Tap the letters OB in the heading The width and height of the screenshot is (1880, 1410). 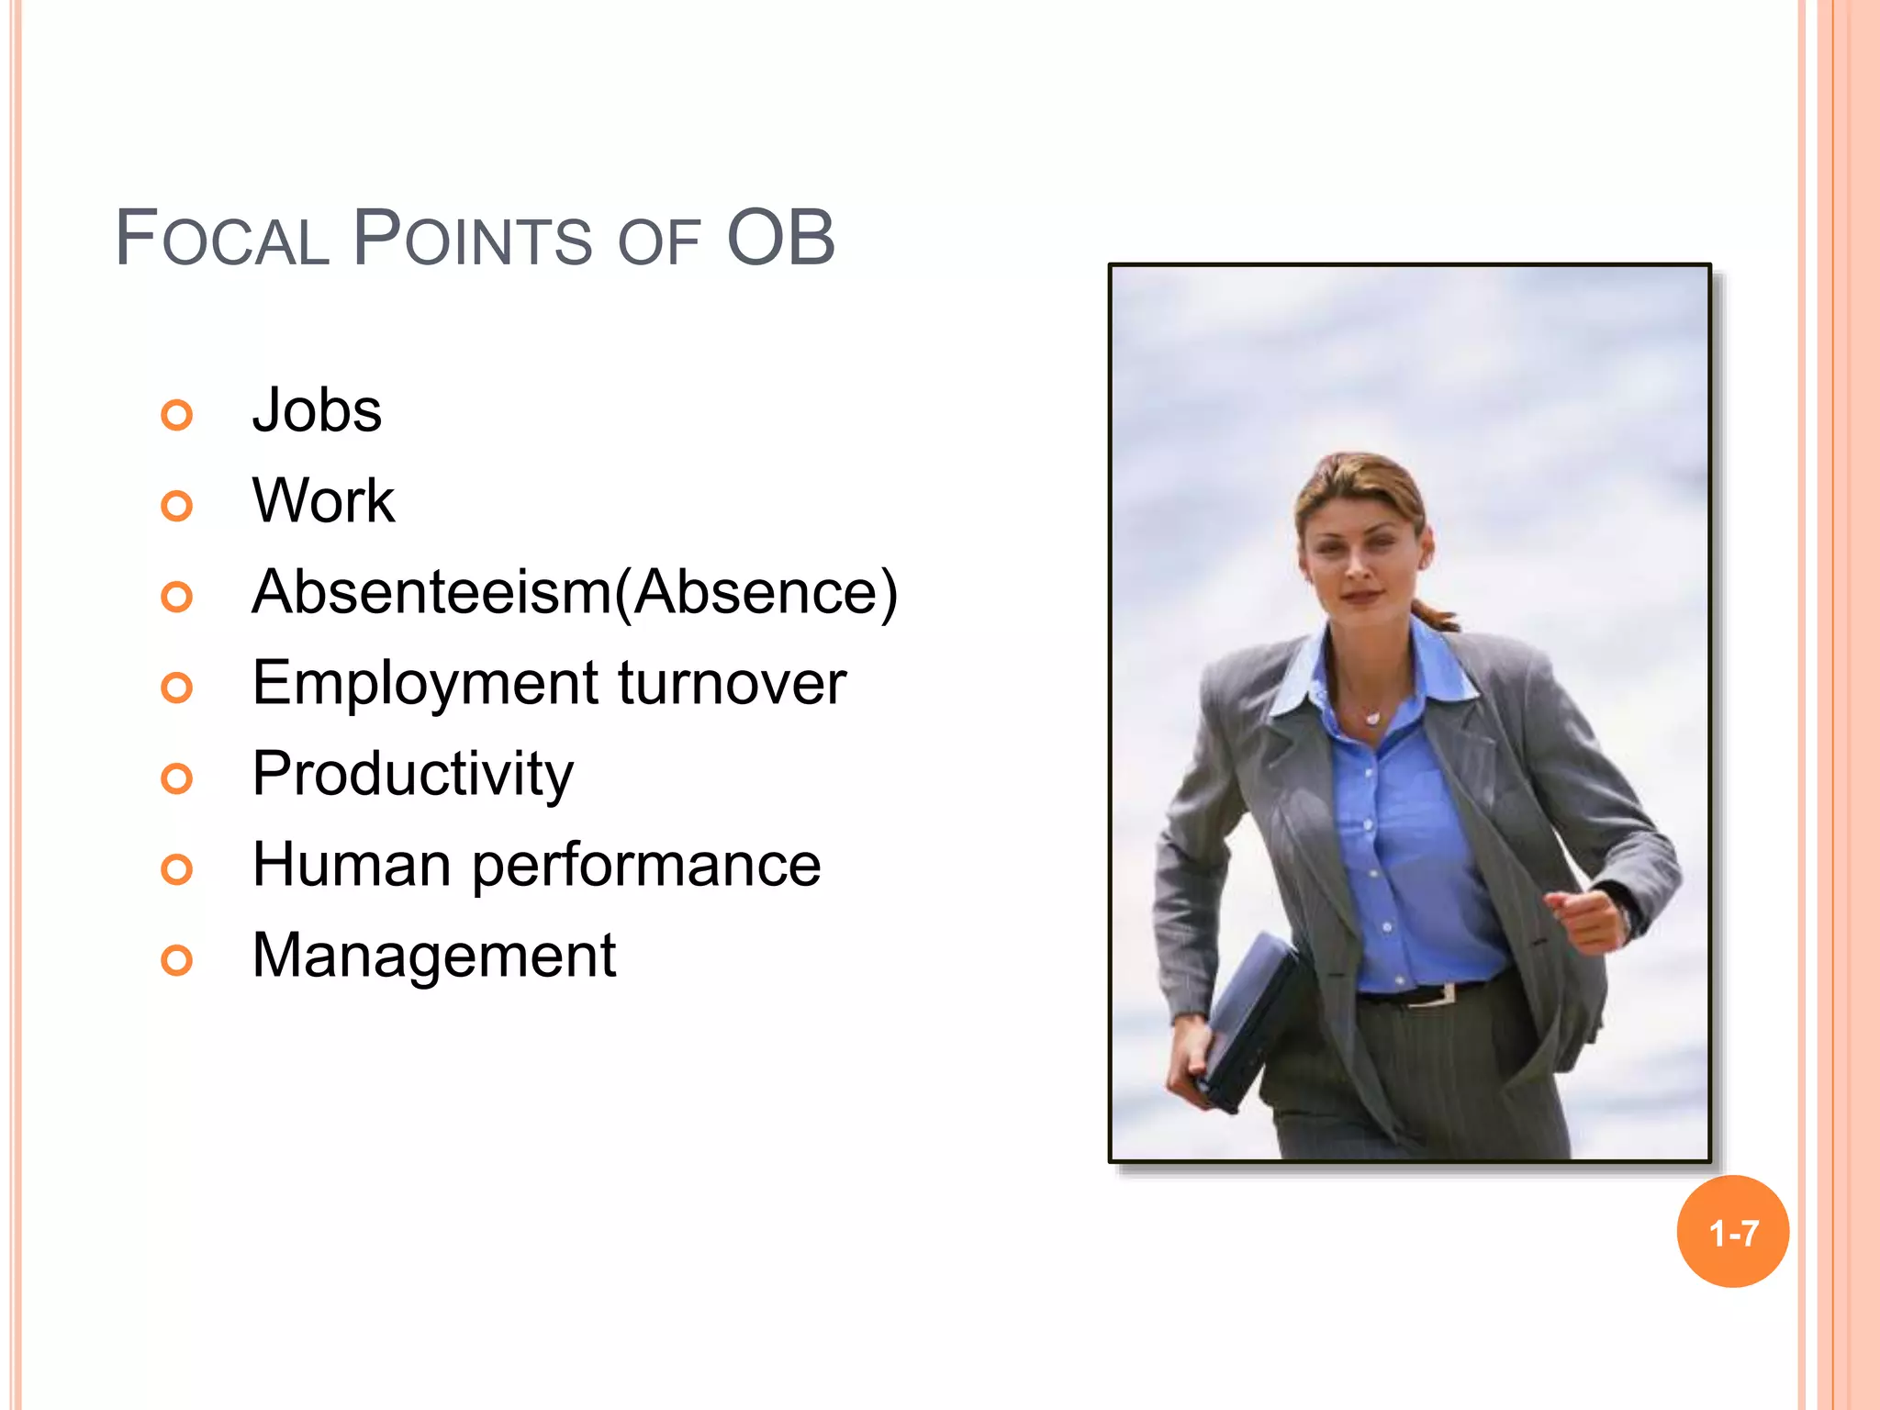780,239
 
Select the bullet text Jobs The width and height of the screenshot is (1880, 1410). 317,410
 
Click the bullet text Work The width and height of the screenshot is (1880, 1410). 323,501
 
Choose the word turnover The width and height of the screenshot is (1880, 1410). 732,683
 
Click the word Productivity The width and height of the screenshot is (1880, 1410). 412,774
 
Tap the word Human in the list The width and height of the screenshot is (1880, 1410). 352,865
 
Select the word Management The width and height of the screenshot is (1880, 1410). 433,956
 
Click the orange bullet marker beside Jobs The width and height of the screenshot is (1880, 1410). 177,415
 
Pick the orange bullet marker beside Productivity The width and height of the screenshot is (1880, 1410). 177,778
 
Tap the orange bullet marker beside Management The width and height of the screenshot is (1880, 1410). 177,960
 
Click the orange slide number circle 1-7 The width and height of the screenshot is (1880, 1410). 1732,1232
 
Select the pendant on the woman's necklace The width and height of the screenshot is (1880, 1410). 1372,718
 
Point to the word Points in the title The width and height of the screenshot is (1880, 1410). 473,239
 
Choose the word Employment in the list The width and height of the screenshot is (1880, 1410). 425,683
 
